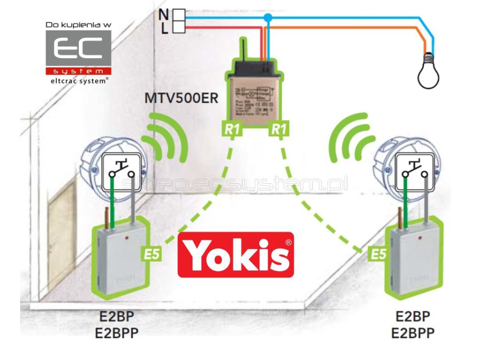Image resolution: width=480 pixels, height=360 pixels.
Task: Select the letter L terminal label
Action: [x=165, y=29]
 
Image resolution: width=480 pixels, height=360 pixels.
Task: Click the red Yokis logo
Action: [x=236, y=255]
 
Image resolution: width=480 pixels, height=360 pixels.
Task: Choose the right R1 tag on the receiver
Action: [x=278, y=129]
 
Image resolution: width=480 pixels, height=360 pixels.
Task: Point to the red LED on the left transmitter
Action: [x=127, y=240]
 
